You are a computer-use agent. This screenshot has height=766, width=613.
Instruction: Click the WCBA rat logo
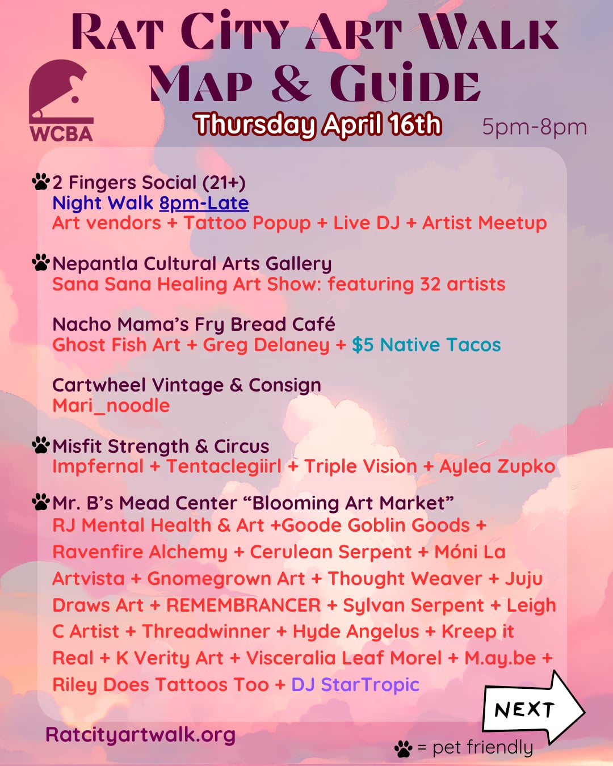click(61, 99)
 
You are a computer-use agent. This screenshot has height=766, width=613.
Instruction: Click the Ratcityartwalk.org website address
click(140, 734)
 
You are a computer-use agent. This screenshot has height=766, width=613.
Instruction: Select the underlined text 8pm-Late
click(204, 203)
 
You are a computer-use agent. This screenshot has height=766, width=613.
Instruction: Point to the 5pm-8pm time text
click(534, 127)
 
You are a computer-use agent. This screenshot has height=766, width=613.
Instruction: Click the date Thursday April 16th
click(317, 124)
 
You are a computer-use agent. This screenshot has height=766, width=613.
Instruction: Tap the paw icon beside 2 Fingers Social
click(41, 182)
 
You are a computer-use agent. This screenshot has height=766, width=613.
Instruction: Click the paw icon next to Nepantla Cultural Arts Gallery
click(41, 263)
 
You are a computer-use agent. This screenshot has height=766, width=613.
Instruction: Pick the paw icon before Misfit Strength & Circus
click(41, 445)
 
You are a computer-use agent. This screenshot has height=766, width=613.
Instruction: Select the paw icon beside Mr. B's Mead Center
click(41, 502)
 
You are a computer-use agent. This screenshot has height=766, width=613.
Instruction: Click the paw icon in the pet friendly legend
click(403, 748)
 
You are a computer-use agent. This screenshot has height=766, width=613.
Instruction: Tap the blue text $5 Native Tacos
click(426, 345)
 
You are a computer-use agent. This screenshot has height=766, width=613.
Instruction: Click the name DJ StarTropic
click(355, 684)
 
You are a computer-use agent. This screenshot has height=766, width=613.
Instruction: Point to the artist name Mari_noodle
click(111, 406)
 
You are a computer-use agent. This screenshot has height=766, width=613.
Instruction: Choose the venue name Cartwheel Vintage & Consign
click(187, 385)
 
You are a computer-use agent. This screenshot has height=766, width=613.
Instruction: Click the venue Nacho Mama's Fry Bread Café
click(194, 324)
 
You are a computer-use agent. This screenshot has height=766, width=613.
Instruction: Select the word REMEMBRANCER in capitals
click(243, 605)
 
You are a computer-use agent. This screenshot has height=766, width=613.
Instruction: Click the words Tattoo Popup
click(247, 223)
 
